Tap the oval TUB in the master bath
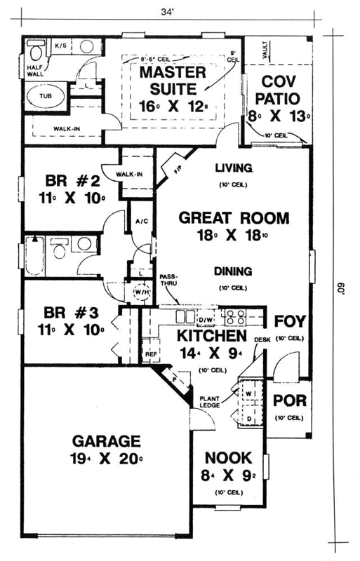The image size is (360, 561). (46, 96)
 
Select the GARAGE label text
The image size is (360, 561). (106, 442)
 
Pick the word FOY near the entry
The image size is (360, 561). (288, 322)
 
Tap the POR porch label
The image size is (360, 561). (288, 404)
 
